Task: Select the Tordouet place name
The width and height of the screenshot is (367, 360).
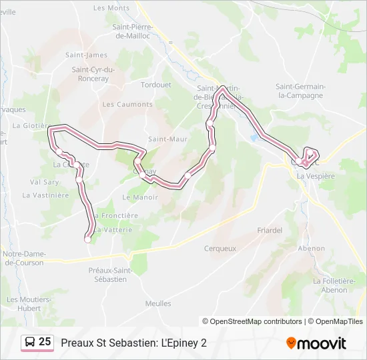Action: pyautogui.click(x=157, y=85)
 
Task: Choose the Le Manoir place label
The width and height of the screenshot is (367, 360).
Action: pyautogui.click(x=141, y=197)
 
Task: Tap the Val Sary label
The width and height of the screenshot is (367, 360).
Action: pyautogui.click(x=45, y=182)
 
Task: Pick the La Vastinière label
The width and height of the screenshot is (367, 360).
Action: pyautogui.click(x=45, y=195)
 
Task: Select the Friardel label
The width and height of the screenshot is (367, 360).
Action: pyautogui.click(x=270, y=231)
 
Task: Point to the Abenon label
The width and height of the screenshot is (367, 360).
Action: pyautogui.click(x=312, y=248)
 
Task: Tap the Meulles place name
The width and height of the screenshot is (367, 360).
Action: pyautogui.click(x=158, y=303)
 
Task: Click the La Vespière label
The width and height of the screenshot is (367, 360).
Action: pyautogui.click(x=316, y=176)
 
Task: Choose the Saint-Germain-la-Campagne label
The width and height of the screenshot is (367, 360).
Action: pyautogui.click(x=300, y=91)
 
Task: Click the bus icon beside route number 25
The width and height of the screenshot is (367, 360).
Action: pyautogui.click(x=31, y=342)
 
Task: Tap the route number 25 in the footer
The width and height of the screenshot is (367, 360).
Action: pyautogui.click(x=45, y=342)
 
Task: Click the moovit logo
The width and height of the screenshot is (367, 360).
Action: pyautogui.click(x=316, y=343)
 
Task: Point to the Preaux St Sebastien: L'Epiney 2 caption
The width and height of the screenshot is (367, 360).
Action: pyautogui.click(x=133, y=343)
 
